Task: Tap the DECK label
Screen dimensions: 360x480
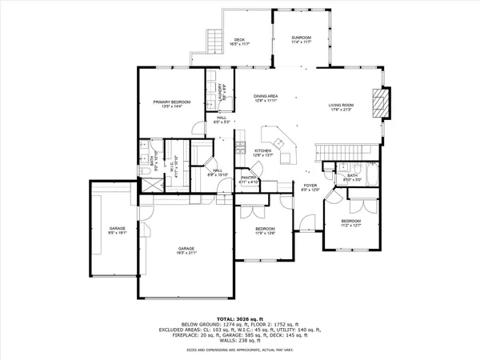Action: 238,40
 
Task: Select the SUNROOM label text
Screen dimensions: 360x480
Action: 301,38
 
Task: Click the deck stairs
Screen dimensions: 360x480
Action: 213,40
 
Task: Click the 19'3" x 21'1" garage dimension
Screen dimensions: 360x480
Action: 186,254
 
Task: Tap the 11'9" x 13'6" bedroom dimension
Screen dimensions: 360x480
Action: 265,234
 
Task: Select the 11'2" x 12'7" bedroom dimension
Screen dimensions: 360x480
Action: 350,226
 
